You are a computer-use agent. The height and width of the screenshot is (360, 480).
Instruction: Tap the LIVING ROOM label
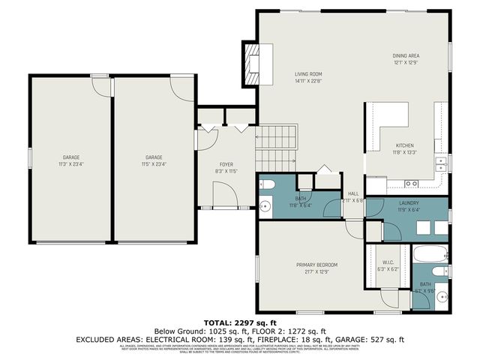click(x=307, y=73)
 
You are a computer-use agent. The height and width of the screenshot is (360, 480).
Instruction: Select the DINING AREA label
click(x=406, y=55)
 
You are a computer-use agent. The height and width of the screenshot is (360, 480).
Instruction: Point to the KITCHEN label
click(x=405, y=145)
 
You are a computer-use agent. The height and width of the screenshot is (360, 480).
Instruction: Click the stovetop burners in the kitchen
click(x=411, y=183)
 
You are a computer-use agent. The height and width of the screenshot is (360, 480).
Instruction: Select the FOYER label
click(x=226, y=164)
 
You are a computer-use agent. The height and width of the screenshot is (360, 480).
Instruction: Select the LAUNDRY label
click(x=409, y=203)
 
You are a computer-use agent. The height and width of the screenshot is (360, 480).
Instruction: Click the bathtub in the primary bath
click(x=430, y=253)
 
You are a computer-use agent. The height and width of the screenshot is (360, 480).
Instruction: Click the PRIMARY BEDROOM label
click(x=316, y=265)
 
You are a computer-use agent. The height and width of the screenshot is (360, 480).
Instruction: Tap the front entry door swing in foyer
click(x=224, y=196)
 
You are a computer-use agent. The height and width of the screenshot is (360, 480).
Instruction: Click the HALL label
click(x=353, y=193)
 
